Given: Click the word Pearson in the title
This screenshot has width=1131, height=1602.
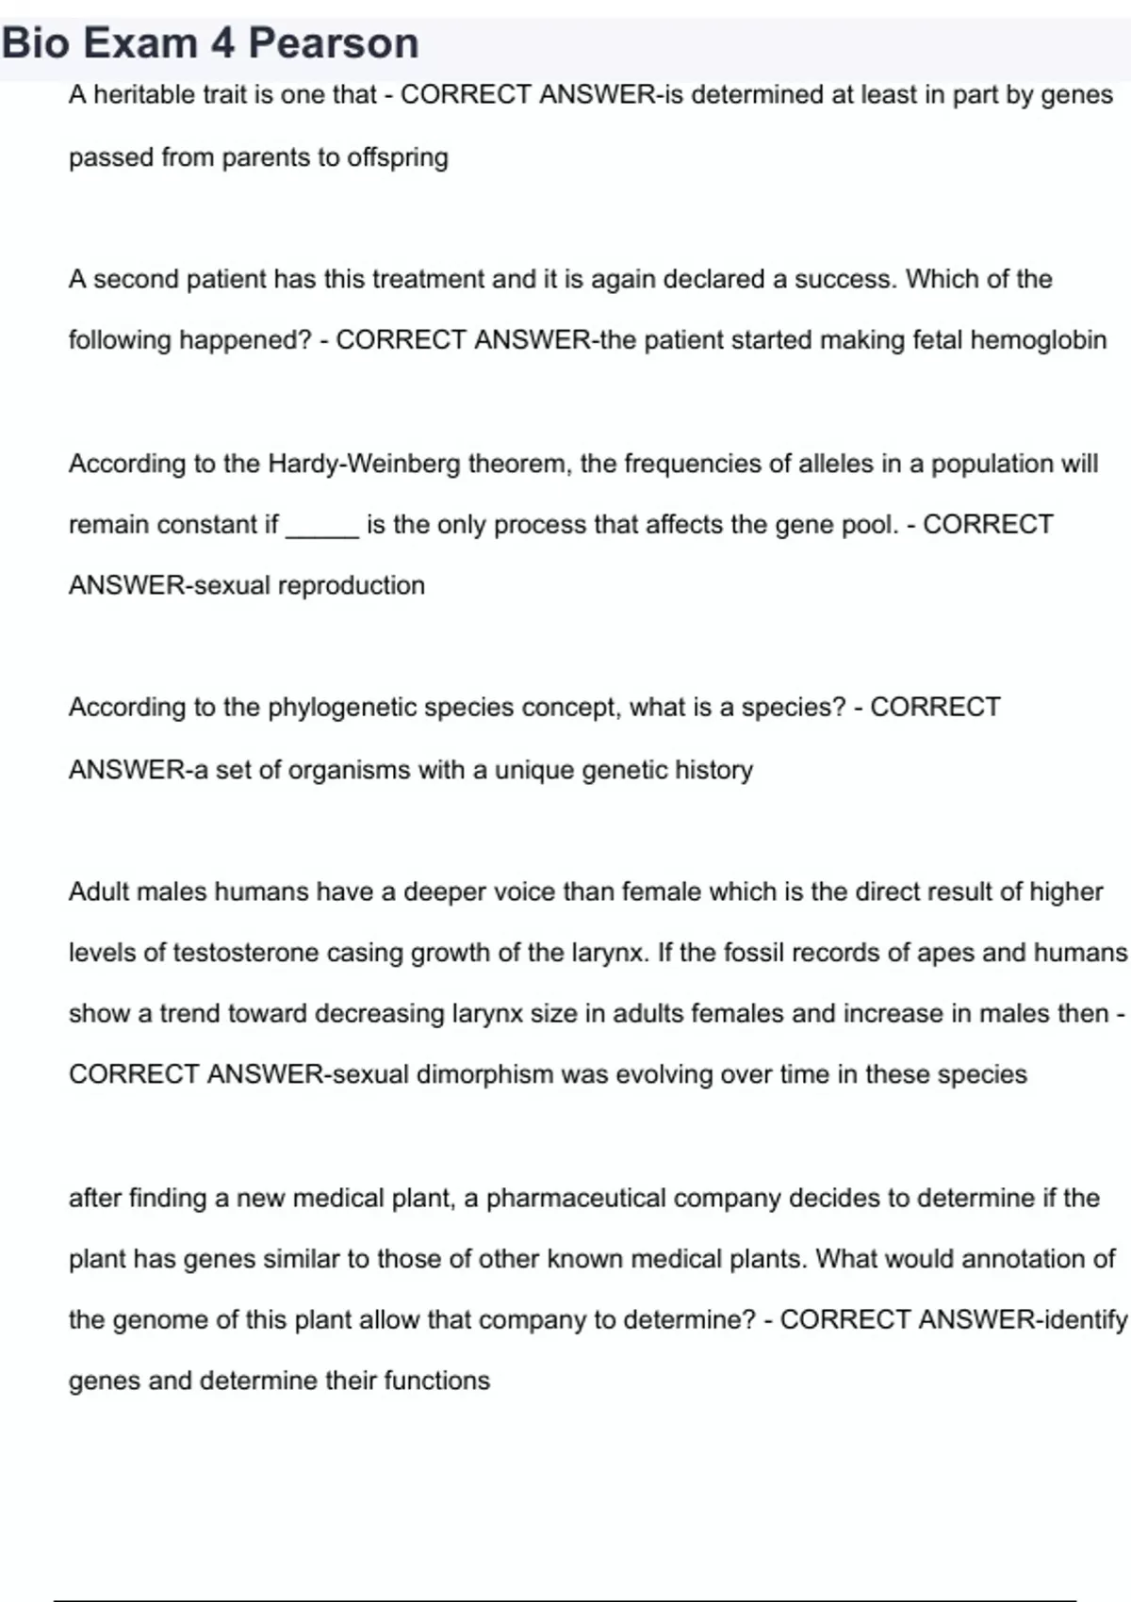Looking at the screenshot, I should click(333, 43).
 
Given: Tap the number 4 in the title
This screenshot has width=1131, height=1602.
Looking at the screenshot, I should click(222, 43).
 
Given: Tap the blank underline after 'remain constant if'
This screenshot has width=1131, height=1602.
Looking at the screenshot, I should click(321, 525).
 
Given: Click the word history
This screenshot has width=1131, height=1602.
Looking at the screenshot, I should click(713, 770).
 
